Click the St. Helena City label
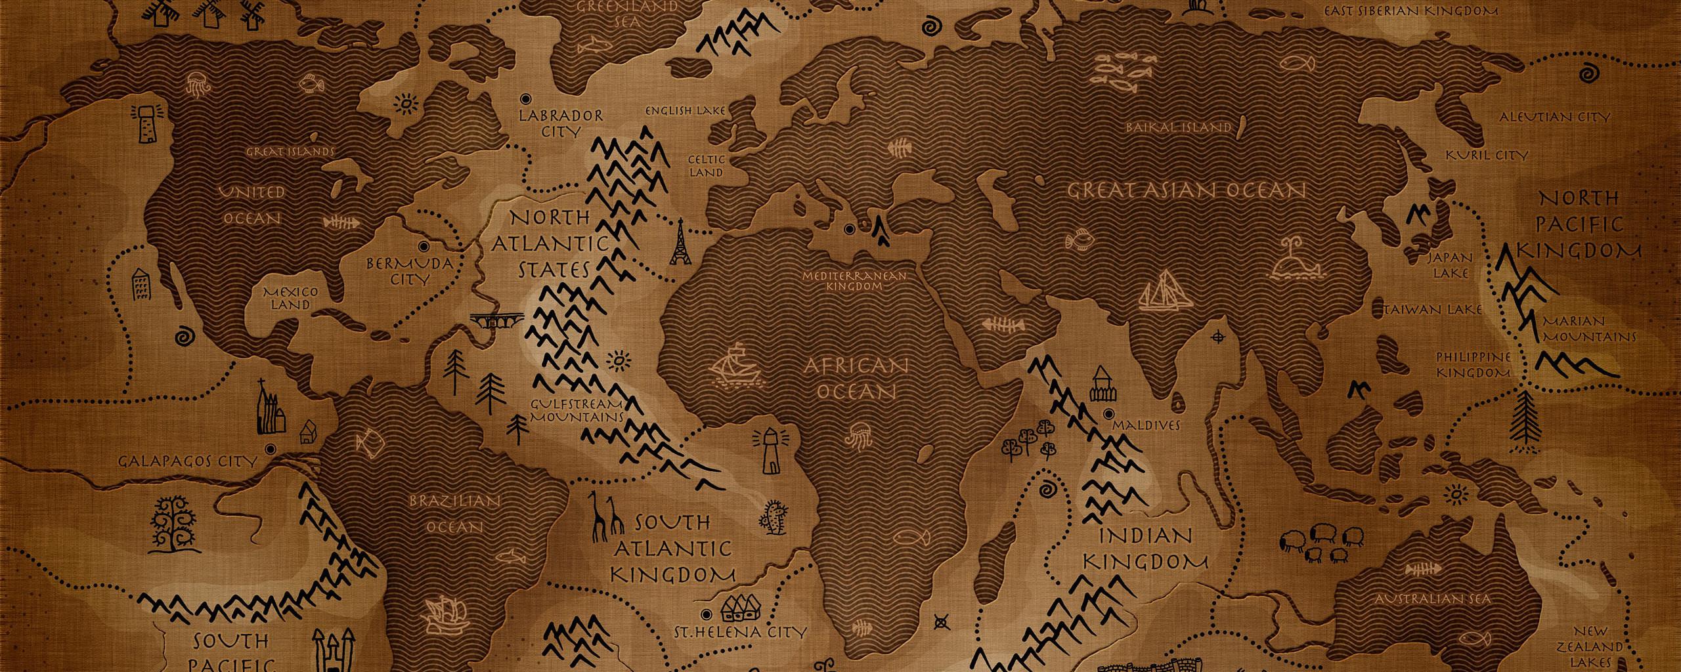(740, 633)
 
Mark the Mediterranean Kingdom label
(854, 281)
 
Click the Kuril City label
(1487, 156)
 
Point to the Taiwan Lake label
(1433, 309)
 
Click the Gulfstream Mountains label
(576, 410)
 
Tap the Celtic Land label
(707, 166)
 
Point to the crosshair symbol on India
(1221, 337)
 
